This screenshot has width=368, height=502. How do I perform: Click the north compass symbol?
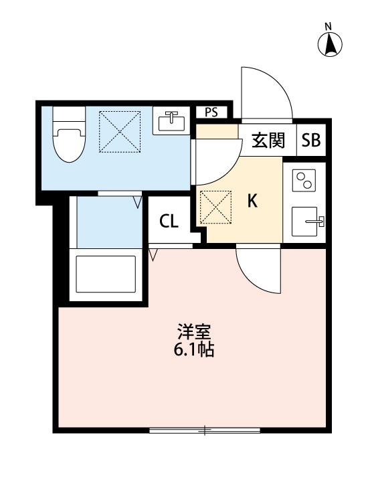tap(329, 43)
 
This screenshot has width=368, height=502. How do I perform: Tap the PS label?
tap(211, 112)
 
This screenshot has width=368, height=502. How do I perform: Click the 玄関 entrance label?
tap(269, 141)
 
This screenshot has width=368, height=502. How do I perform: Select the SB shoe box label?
tap(310, 141)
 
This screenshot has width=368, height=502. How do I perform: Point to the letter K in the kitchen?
tap(253, 201)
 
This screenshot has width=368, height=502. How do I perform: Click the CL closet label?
tap(169, 222)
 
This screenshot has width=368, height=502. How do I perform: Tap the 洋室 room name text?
tap(195, 333)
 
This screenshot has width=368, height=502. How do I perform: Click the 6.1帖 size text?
tap(195, 349)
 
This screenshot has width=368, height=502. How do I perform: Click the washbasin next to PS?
tap(172, 122)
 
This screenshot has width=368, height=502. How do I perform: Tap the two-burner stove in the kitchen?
tap(305, 181)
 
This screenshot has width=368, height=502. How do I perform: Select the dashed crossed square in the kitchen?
tap(215, 207)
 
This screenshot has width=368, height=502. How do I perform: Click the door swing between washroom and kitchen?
tap(215, 163)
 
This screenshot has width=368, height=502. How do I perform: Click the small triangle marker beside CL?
tap(153, 254)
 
